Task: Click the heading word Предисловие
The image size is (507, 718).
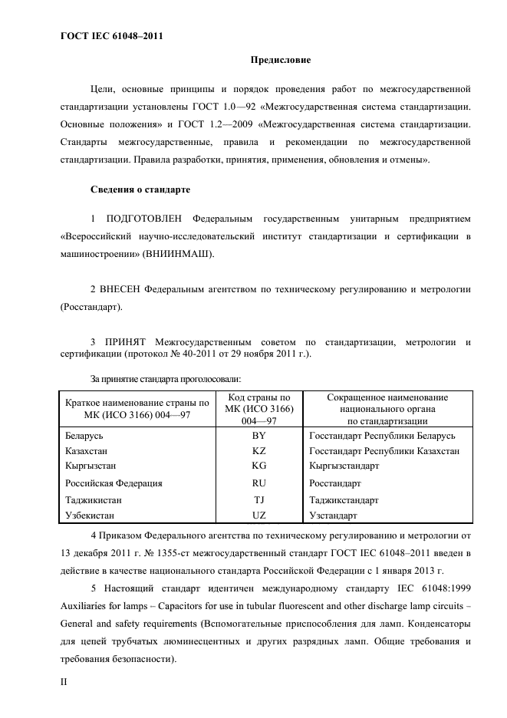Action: tap(280, 60)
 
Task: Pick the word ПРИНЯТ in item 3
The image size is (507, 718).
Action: tap(126, 341)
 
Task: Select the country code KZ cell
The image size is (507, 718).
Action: tap(258, 451)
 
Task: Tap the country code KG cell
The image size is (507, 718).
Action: tap(258, 466)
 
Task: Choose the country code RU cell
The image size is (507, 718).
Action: tap(258, 483)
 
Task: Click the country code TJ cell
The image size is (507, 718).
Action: tap(258, 499)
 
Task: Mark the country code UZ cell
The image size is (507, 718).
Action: tap(258, 515)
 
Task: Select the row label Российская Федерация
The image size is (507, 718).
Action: tap(114, 483)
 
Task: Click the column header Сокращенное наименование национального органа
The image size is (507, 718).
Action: tap(387, 409)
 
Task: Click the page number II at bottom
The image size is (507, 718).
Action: tap(64, 680)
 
